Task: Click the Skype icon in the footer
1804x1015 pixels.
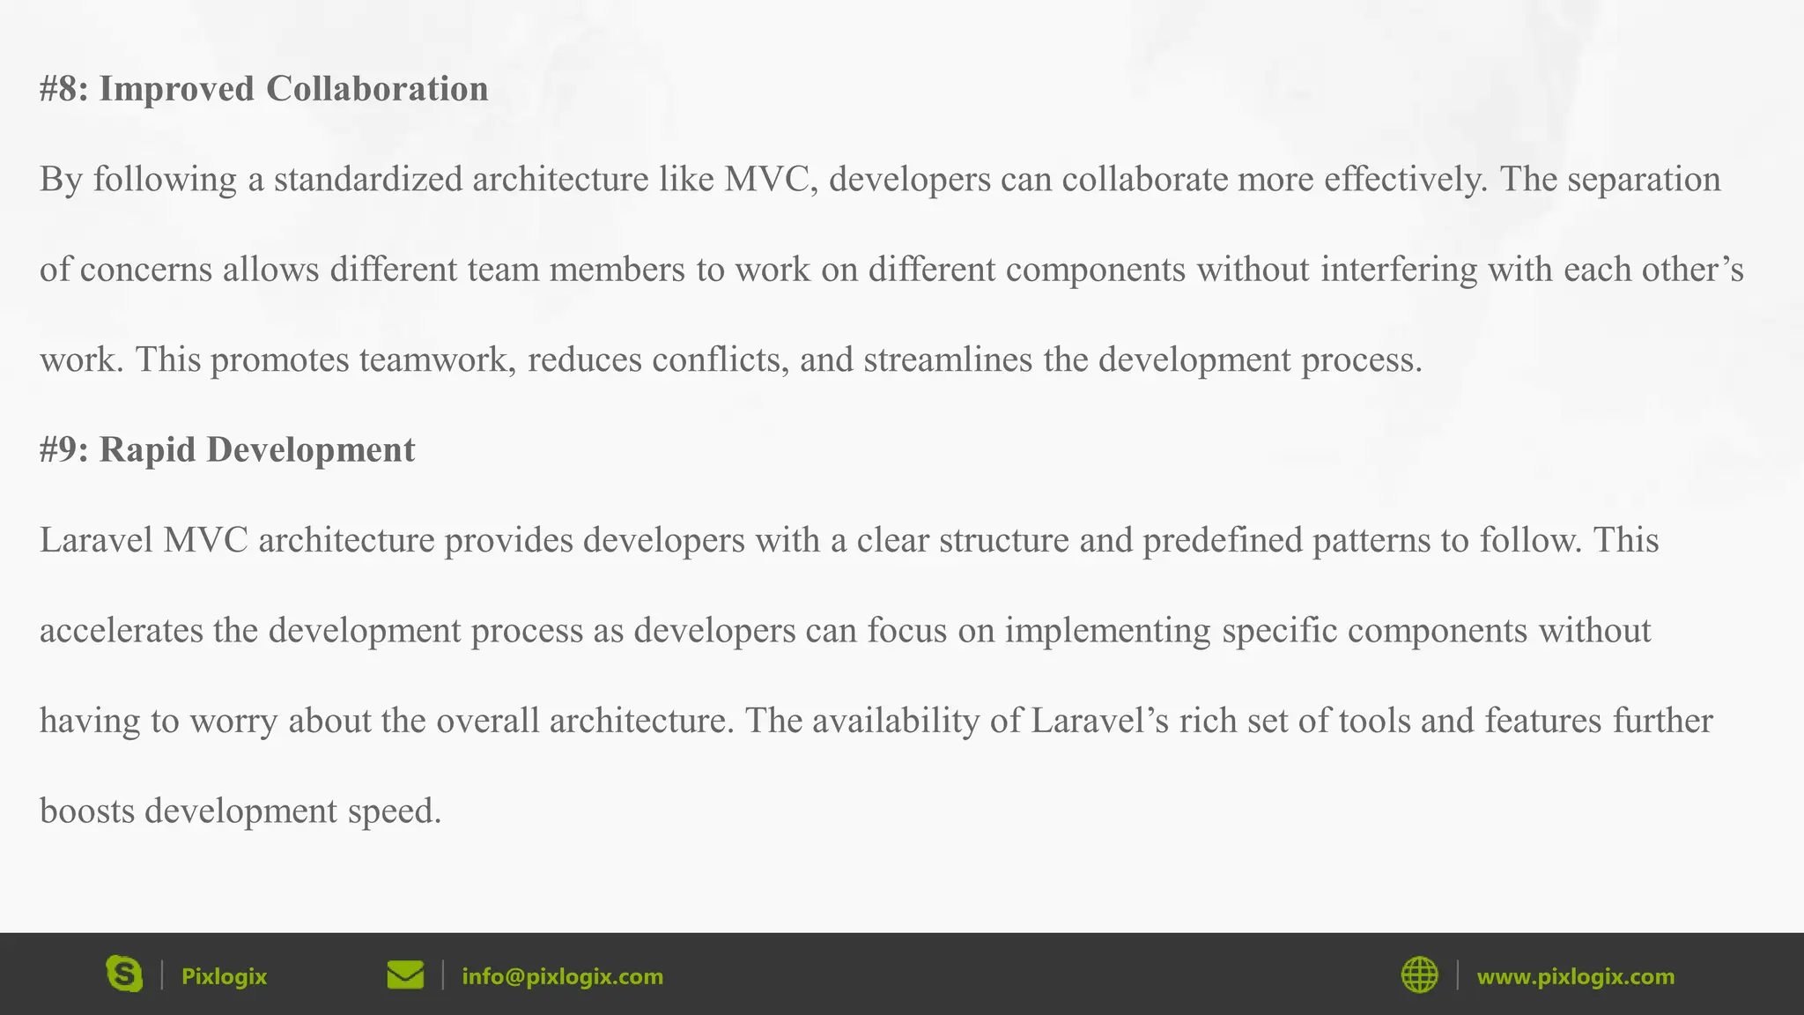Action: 124,974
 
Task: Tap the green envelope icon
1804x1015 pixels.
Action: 405,975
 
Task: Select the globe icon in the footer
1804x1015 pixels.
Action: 1419,975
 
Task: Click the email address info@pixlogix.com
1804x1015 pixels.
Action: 562,976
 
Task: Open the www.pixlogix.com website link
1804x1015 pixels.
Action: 1575,976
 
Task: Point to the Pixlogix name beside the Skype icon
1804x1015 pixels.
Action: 224,976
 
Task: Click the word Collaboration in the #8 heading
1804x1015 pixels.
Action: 377,89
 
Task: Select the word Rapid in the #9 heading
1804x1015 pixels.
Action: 147,449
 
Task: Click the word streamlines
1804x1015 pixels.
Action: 947,359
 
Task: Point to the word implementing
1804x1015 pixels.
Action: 1108,631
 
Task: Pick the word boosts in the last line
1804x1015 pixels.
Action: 87,811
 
